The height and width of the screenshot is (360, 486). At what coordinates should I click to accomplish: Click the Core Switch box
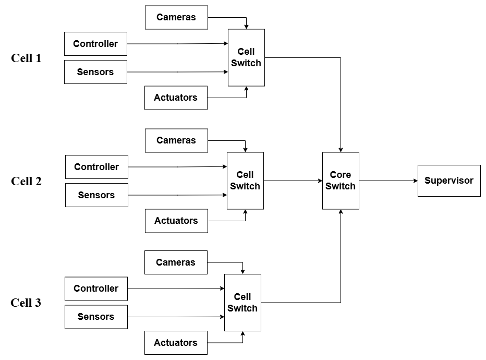341,181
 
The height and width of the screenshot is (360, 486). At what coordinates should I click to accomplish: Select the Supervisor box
448,181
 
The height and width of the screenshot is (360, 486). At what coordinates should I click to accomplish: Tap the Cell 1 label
26,58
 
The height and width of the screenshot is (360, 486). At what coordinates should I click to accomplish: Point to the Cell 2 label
26,182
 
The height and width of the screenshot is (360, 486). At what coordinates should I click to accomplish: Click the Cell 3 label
26,303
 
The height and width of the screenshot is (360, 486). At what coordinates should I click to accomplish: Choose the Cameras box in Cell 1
176,17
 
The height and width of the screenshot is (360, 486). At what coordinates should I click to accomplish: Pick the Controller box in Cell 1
95,44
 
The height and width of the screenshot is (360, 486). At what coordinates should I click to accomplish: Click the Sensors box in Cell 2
96,195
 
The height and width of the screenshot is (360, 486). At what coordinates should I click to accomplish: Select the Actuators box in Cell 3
176,343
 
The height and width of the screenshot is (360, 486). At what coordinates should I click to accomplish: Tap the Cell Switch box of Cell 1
246,57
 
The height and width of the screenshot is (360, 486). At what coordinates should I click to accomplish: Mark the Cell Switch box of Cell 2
245,181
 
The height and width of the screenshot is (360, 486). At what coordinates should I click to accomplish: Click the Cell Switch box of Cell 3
242,303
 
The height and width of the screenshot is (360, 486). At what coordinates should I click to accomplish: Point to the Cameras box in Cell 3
176,262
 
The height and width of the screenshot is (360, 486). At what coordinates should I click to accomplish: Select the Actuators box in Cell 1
176,98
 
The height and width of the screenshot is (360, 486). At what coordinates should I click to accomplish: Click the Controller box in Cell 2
96,167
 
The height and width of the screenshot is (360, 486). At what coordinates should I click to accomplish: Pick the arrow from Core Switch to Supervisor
388,181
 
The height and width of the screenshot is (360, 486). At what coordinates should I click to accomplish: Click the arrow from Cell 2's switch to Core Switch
293,181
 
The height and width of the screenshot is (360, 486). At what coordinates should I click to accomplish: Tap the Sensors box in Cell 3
96,317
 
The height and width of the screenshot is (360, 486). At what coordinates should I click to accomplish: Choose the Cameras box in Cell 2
176,140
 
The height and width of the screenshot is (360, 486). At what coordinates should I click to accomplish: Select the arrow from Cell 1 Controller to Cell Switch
177,44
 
